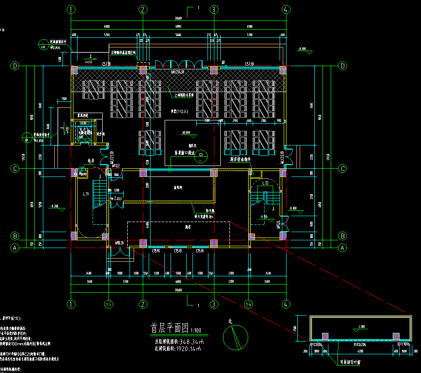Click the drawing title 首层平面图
point(170,328)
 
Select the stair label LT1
point(85,194)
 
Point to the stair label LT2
point(265,183)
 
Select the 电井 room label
point(91,161)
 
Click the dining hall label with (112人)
point(176,110)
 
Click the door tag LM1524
point(278,224)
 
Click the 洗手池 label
point(101,134)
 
